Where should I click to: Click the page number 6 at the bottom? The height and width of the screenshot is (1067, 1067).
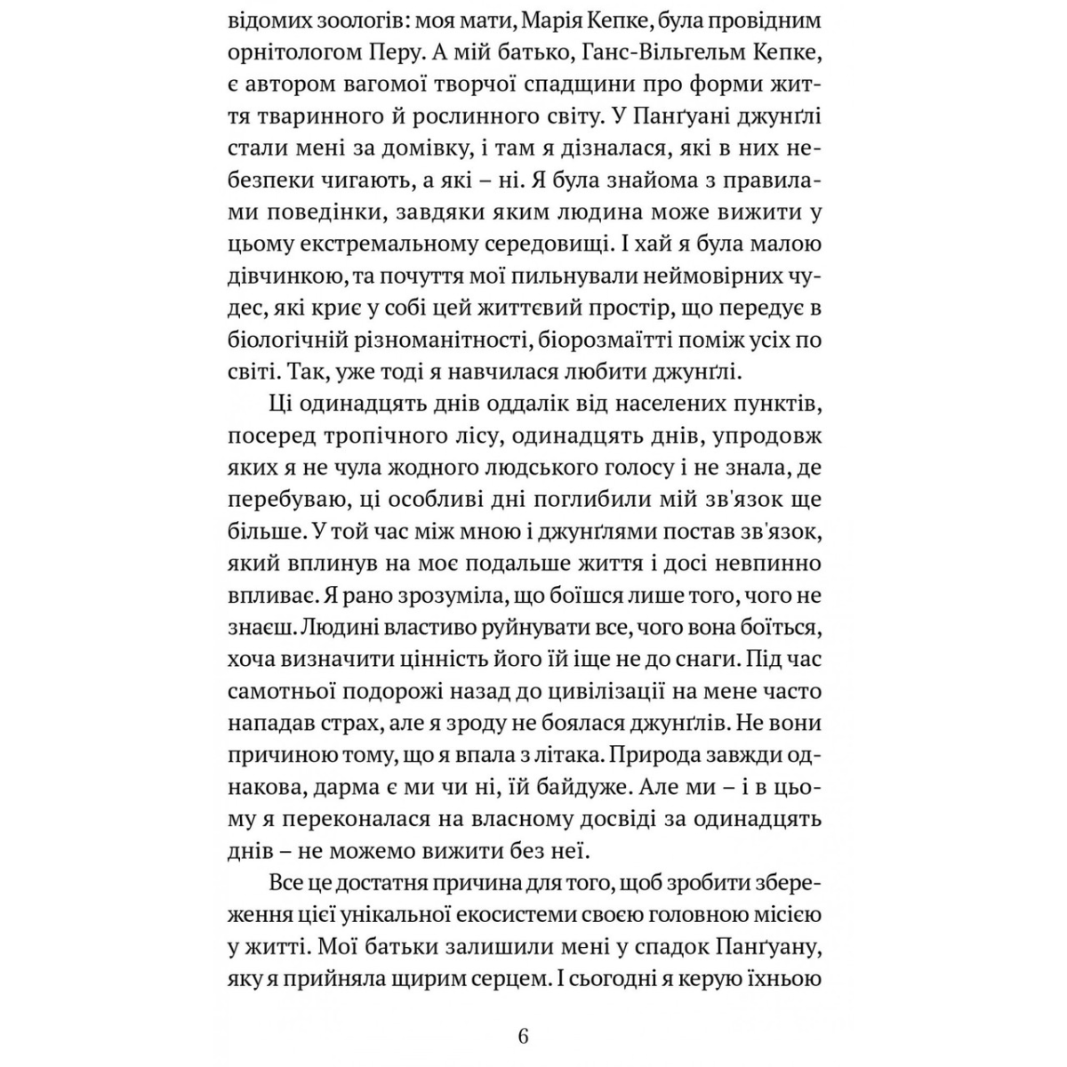coord(523,1036)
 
